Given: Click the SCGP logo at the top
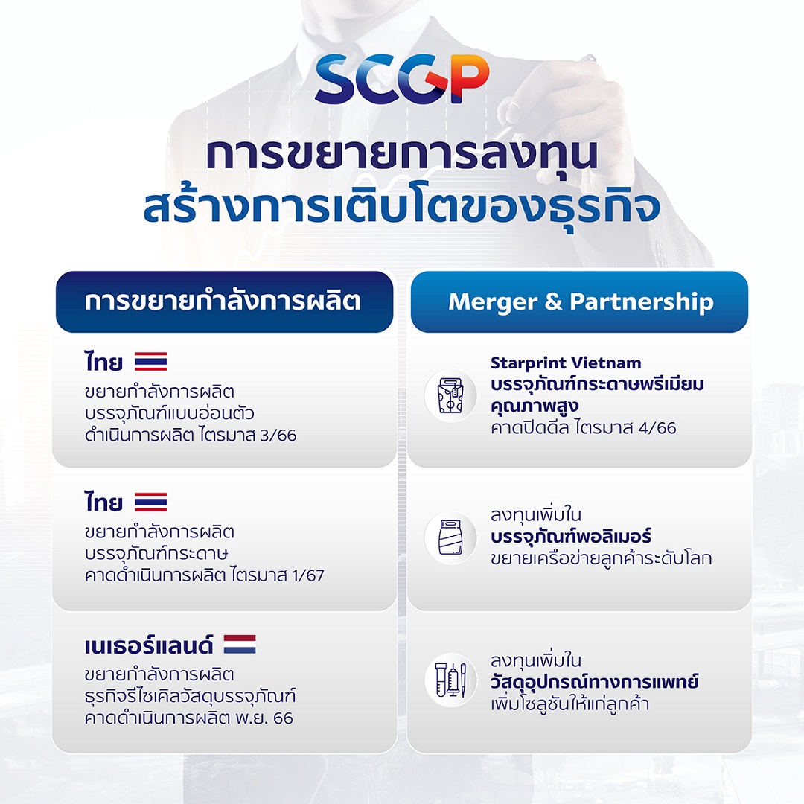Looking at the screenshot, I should (x=402, y=80).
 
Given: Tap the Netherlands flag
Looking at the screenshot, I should (x=240, y=644).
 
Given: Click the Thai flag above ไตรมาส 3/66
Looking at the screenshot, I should (x=150, y=363).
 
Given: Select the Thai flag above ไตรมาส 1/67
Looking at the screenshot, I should (x=150, y=502).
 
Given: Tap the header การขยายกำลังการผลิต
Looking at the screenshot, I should (x=223, y=301).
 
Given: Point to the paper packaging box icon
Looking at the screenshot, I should (x=450, y=396).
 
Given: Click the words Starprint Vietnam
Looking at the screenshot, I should (x=566, y=363).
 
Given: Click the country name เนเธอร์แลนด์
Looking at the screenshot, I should (x=149, y=645).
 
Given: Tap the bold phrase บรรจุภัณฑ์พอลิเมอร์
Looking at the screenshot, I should (x=572, y=536).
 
